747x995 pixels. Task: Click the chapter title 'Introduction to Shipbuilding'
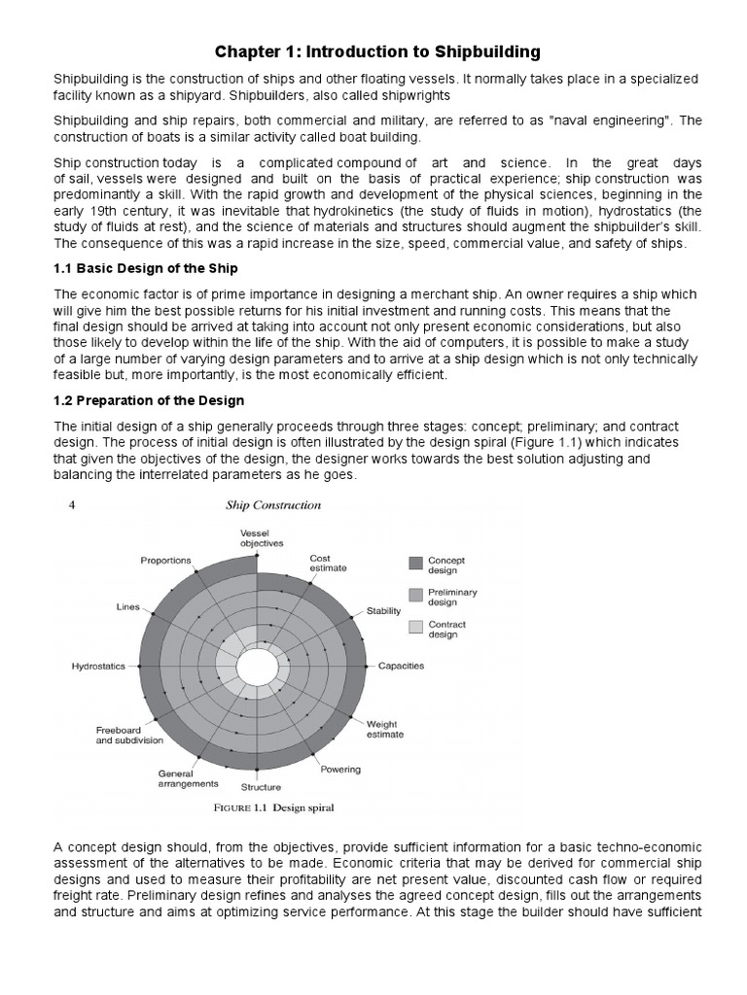373,51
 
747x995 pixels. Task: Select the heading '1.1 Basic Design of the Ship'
146,267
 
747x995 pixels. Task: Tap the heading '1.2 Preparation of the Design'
148,400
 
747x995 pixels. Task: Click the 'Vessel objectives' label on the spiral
262,539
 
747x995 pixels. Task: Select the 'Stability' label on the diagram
383,610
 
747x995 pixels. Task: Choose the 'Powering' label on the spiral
340,770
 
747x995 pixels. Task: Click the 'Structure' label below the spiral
261,787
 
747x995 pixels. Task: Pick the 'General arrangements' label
188,779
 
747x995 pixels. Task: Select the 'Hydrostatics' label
99,667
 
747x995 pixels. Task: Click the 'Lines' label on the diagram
128,606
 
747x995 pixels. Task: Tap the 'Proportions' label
165,560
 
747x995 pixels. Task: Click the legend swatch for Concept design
415,562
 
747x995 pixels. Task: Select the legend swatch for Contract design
415,627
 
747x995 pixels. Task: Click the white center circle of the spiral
257,668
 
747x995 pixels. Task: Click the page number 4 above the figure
72,504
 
